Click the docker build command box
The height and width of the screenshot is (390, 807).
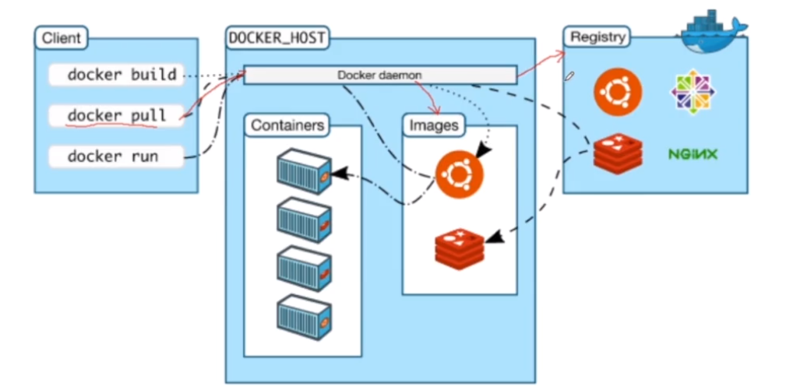coord(116,75)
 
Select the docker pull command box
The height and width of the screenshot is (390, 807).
coord(116,115)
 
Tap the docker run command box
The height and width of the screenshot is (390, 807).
coord(116,156)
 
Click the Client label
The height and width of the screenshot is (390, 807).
coord(62,37)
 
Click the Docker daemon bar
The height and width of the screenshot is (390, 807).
coord(380,75)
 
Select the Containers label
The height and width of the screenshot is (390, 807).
coord(287,125)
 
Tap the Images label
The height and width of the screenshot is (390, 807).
coord(434,125)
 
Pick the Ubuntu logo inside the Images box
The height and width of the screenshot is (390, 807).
coord(459,175)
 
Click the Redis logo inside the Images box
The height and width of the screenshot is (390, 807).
coord(460,250)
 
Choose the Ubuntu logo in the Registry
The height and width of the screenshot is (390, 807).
coord(618,92)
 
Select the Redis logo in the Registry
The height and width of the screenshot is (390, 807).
coord(618,153)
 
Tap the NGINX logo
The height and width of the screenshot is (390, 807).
coord(692,154)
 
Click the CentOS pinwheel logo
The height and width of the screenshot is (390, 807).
coord(692,92)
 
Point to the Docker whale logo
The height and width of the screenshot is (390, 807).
coord(713,32)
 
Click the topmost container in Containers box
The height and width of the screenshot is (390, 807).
coord(304,171)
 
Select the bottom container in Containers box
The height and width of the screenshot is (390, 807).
coord(304,317)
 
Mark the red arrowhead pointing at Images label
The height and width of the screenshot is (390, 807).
coord(435,110)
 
